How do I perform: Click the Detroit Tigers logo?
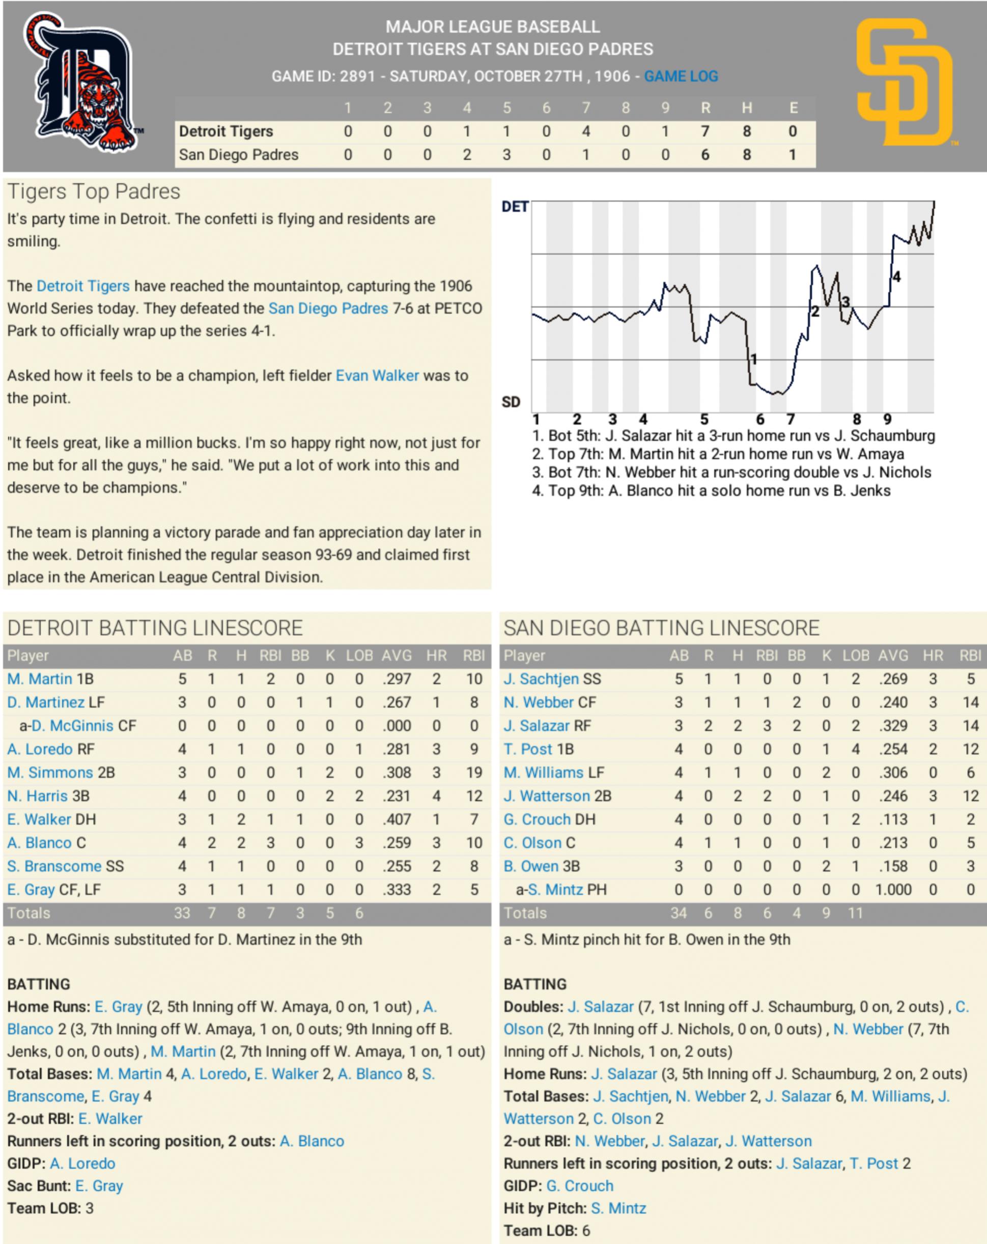(x=82, y=82)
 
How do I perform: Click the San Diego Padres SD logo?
(x=904, y=82)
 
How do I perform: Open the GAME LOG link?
(x=681, y=76)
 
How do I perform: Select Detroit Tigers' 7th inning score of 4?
(x=585, y=131)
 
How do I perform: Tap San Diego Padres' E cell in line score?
(x=793, y=155)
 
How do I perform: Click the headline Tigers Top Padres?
(x=94, y=191)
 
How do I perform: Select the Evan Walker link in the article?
(x=377, y=376)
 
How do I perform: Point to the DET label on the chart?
(x=515, y=207)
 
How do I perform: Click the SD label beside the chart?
(x=511, y=402)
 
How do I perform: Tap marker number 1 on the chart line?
(x=753, y=360)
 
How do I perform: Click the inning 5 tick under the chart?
(x=704, y=420)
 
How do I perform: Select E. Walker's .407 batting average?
(x=397, y=819)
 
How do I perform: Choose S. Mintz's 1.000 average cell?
(x=893, y=890)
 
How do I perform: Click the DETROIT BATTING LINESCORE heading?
(x=155, y=628)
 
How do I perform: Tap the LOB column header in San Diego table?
(x=856, y=655)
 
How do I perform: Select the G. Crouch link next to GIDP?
(x=579, y=1186)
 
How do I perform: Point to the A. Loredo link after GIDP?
(x=82, y=1163)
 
